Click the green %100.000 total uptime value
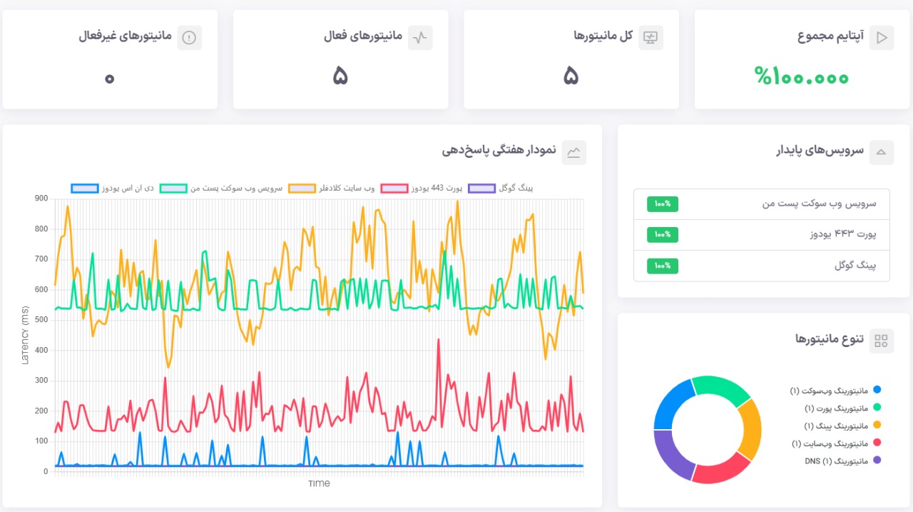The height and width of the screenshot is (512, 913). pyautogui.click(x=802, y=76)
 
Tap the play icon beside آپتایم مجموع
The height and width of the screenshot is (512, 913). pyautogui.click(x=882, y=38)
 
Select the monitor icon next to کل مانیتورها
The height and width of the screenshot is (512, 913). pyautogui.click(x=651, y=38)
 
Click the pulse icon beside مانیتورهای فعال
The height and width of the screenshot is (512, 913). pyautogui.click(x=420, y=38)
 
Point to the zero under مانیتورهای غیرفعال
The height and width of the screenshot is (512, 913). pyautogui.click(x=109, y=77)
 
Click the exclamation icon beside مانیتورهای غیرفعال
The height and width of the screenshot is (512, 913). pyautogui.click(x=189, y=38)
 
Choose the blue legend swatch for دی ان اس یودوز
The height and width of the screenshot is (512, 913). pyautogui.click(x=85, y=189)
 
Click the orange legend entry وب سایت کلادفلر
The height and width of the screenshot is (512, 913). pyautogui.click(x=331, y=189)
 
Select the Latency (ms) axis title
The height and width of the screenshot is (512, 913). pyautogui.click(x=25, y=334)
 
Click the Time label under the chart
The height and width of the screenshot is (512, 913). pyautogui.click(x=319, y=483)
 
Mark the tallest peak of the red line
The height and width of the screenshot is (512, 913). pyautogui.click(x=438, y=340)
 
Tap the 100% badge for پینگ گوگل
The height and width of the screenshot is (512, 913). pyautogui.click(x=663, y=266)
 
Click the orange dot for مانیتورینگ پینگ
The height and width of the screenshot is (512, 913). pyautogui.click(x=877, y=426)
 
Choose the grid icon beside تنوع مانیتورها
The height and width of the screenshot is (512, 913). pyautogui.click(x=882, y=341)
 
